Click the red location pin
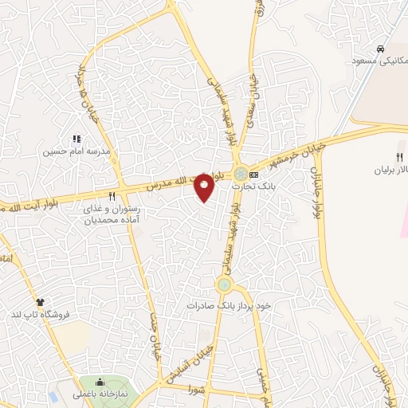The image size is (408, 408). point(205,186)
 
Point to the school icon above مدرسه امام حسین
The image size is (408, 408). point(77,139)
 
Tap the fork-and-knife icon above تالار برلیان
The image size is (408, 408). point(400,157)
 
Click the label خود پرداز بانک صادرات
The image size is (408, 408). point(230,305)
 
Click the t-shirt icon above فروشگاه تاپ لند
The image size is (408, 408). point(40,301)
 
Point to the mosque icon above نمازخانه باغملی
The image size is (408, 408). point(100,380)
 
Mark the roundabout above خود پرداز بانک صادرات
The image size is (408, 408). point(224,284)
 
